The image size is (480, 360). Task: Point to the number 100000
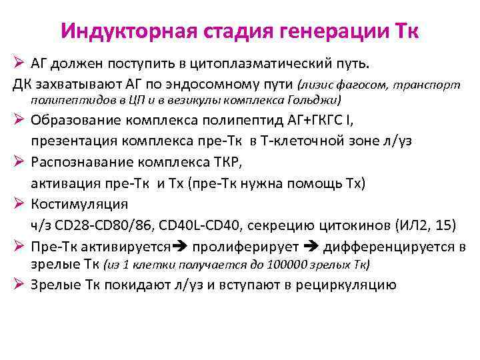click(289, 264)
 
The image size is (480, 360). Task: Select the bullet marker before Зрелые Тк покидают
click(19, 285)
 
